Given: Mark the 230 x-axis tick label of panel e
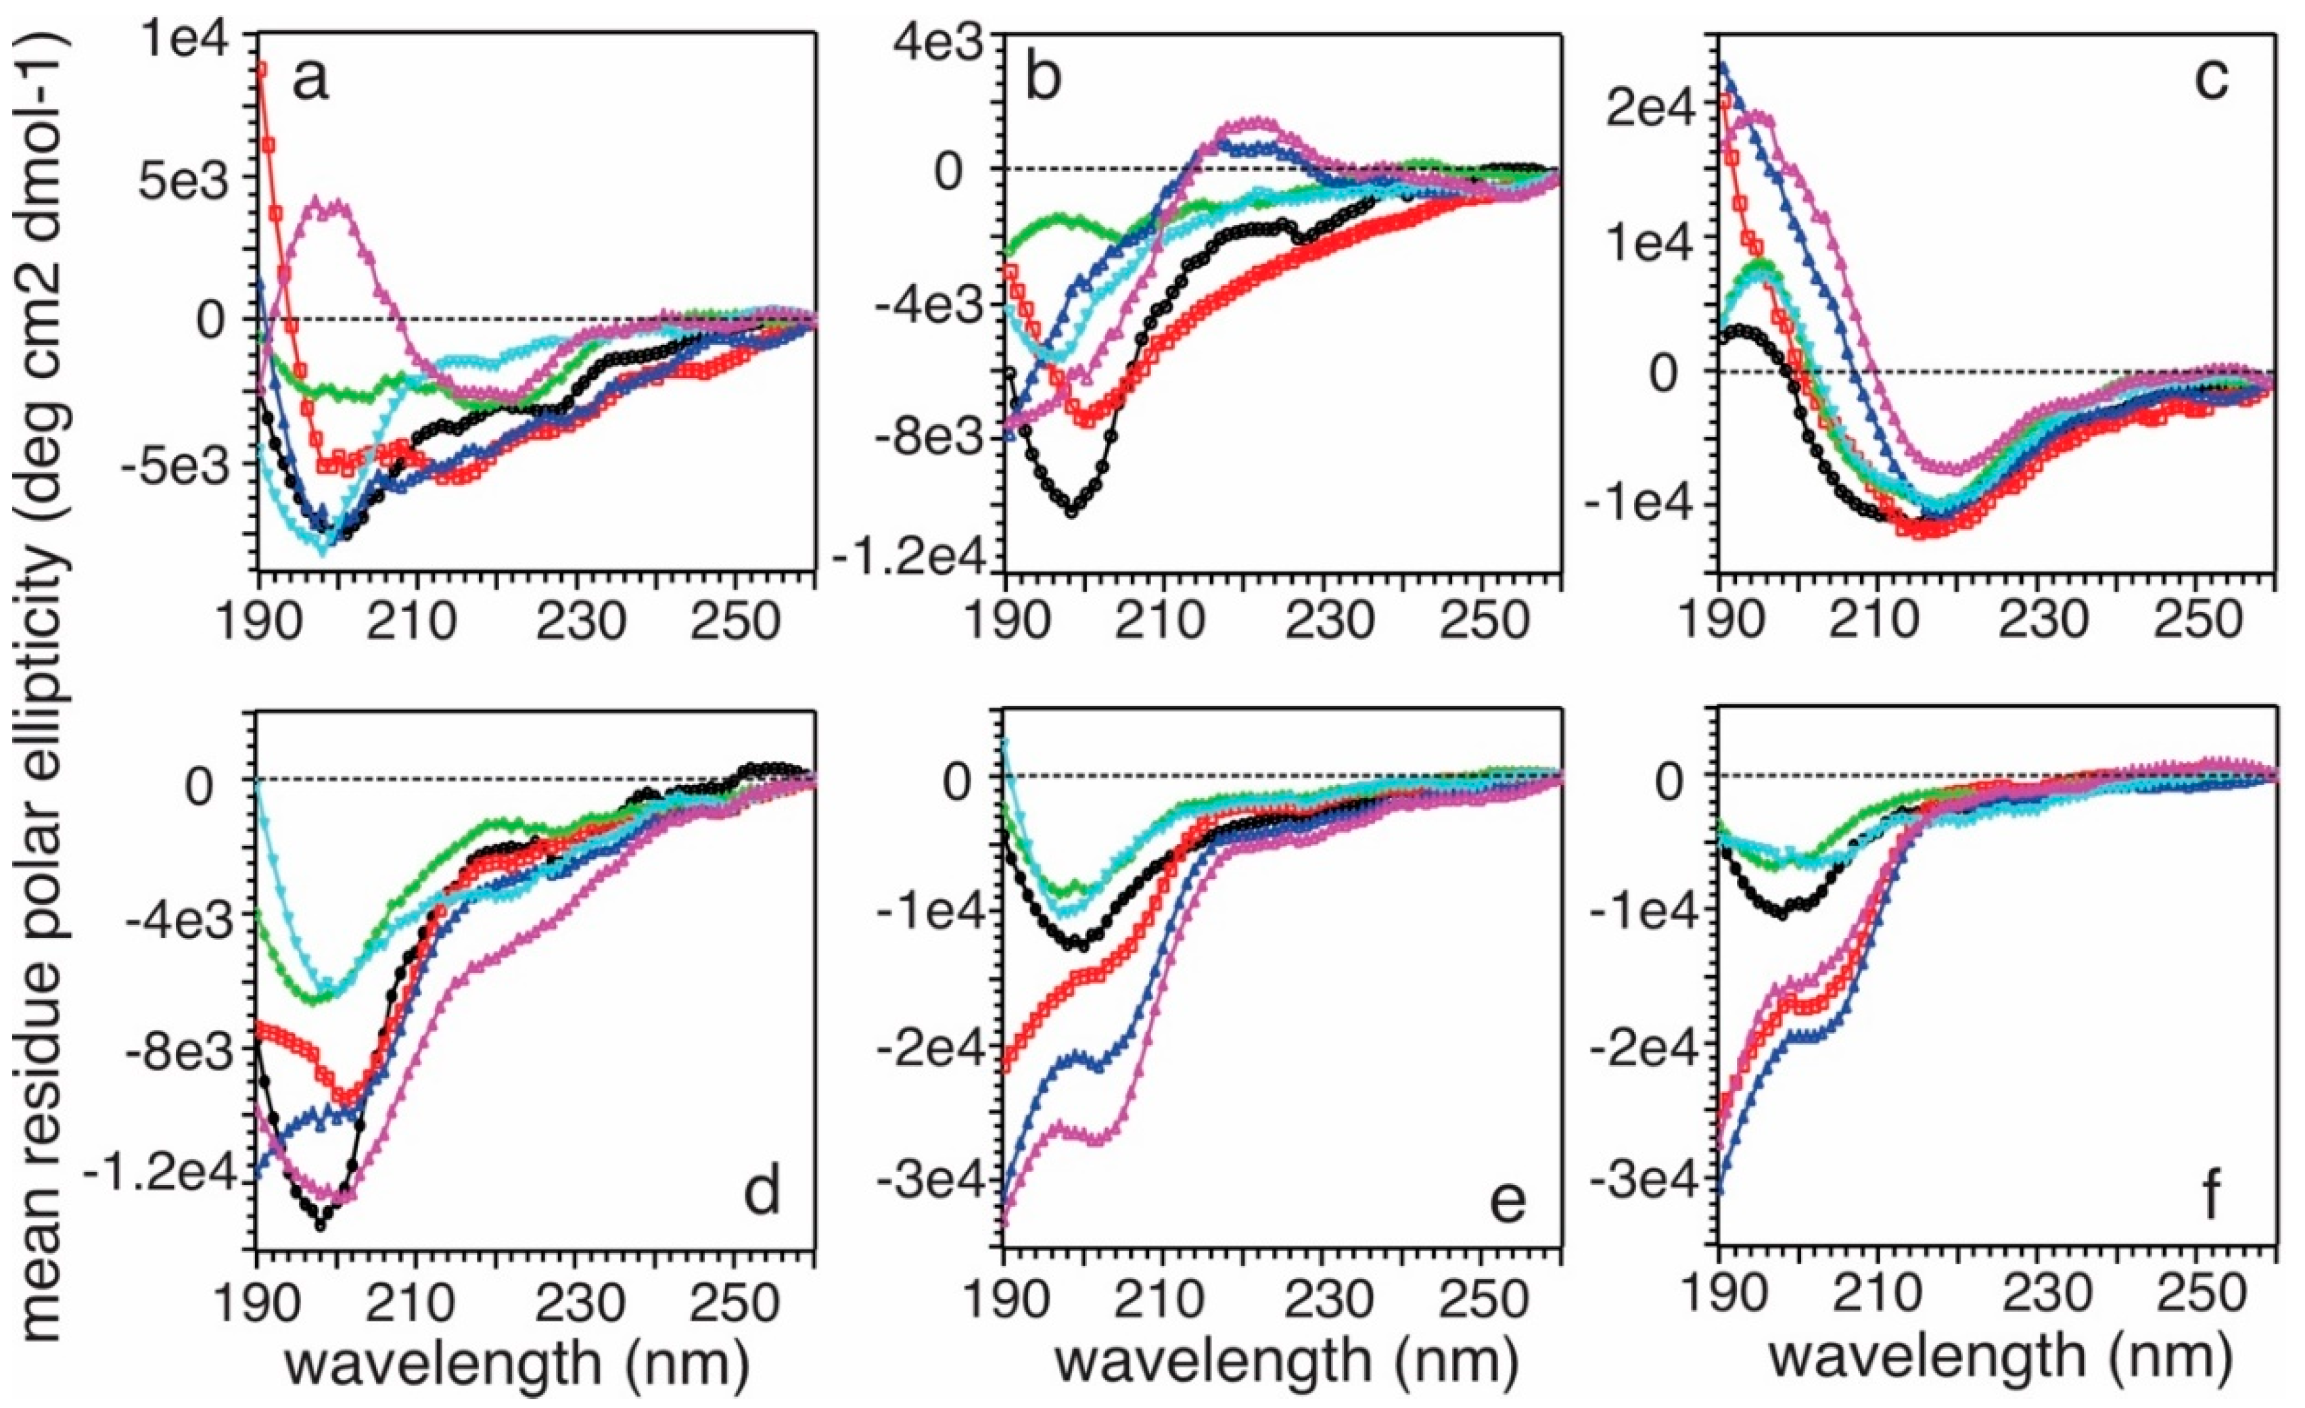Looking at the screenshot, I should (x=1320, y=1301).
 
